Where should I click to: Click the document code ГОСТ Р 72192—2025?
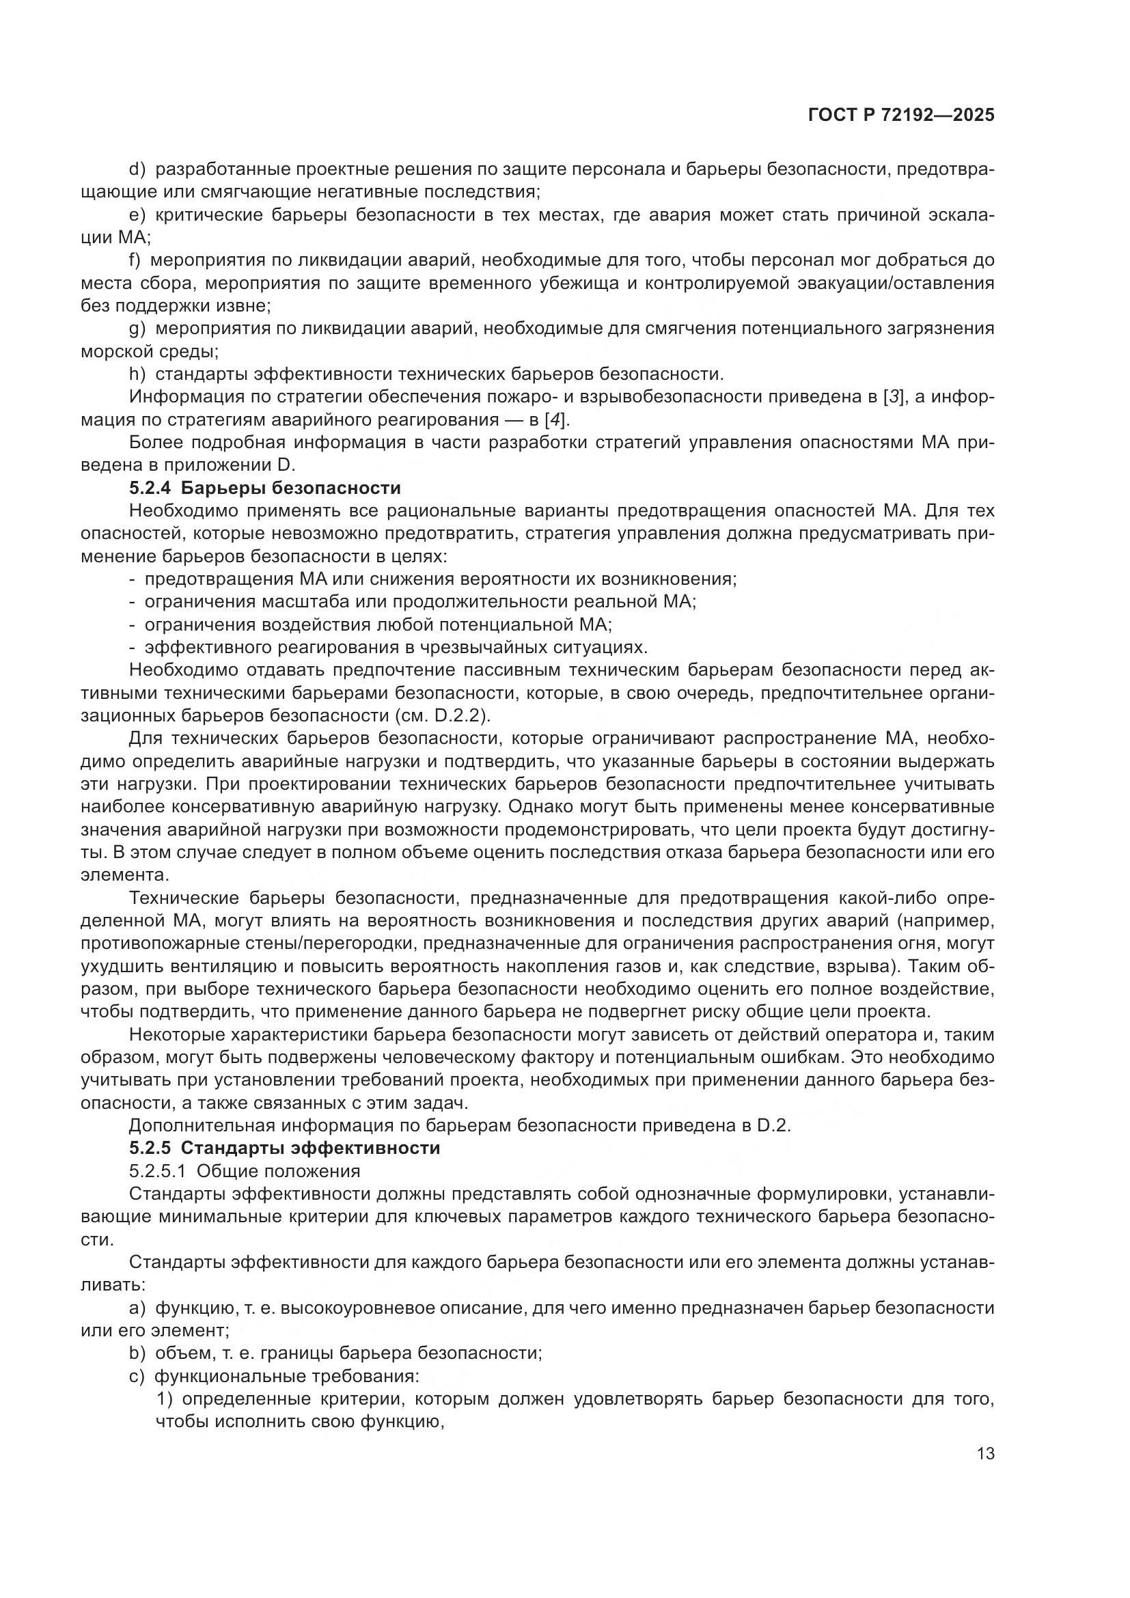901,115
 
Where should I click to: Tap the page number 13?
985,1454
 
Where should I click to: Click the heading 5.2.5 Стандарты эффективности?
285,1148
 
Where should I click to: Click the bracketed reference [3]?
894,397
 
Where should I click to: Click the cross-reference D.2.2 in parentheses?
460,715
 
